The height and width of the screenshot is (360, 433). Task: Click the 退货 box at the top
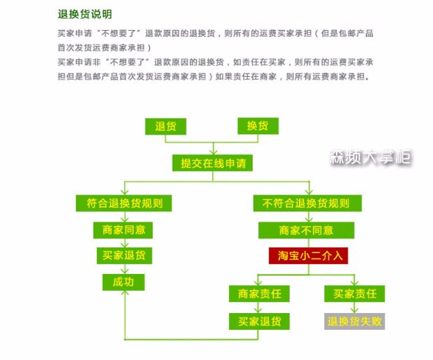(166, 127)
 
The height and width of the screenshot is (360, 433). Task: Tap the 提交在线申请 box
(212, 164)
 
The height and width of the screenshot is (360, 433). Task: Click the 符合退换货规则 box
(124, 203)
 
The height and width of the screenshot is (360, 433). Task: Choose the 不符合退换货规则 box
(307, 203)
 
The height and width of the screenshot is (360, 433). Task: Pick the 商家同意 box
(124, 229)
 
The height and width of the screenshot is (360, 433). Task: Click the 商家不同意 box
(307, 229)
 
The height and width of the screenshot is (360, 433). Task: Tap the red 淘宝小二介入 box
(308, 255)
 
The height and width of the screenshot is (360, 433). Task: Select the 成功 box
(124, 282)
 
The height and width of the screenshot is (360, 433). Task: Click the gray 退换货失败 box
(355, 322)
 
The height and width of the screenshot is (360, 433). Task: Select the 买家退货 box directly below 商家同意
(124, 255)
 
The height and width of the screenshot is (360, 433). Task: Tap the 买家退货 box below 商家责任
(259, 322)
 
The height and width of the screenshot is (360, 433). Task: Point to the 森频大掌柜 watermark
(370, 157)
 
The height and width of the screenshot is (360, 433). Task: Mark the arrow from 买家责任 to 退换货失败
(355, 308)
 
